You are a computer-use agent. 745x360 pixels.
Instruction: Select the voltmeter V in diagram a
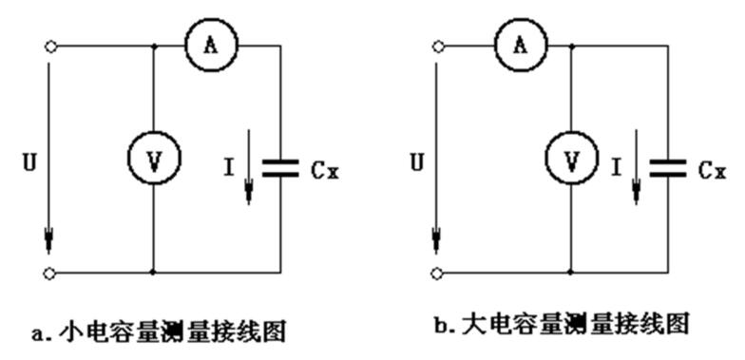point(153,162)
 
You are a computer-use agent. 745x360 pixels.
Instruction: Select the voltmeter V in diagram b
point(570,162)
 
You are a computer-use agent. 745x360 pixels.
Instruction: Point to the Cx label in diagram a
point(325,172)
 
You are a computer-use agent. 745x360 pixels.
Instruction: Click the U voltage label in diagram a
point(29,163)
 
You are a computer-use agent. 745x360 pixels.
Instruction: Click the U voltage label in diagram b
point(416,163)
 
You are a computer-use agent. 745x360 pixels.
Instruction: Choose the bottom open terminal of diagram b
point(437,274)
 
